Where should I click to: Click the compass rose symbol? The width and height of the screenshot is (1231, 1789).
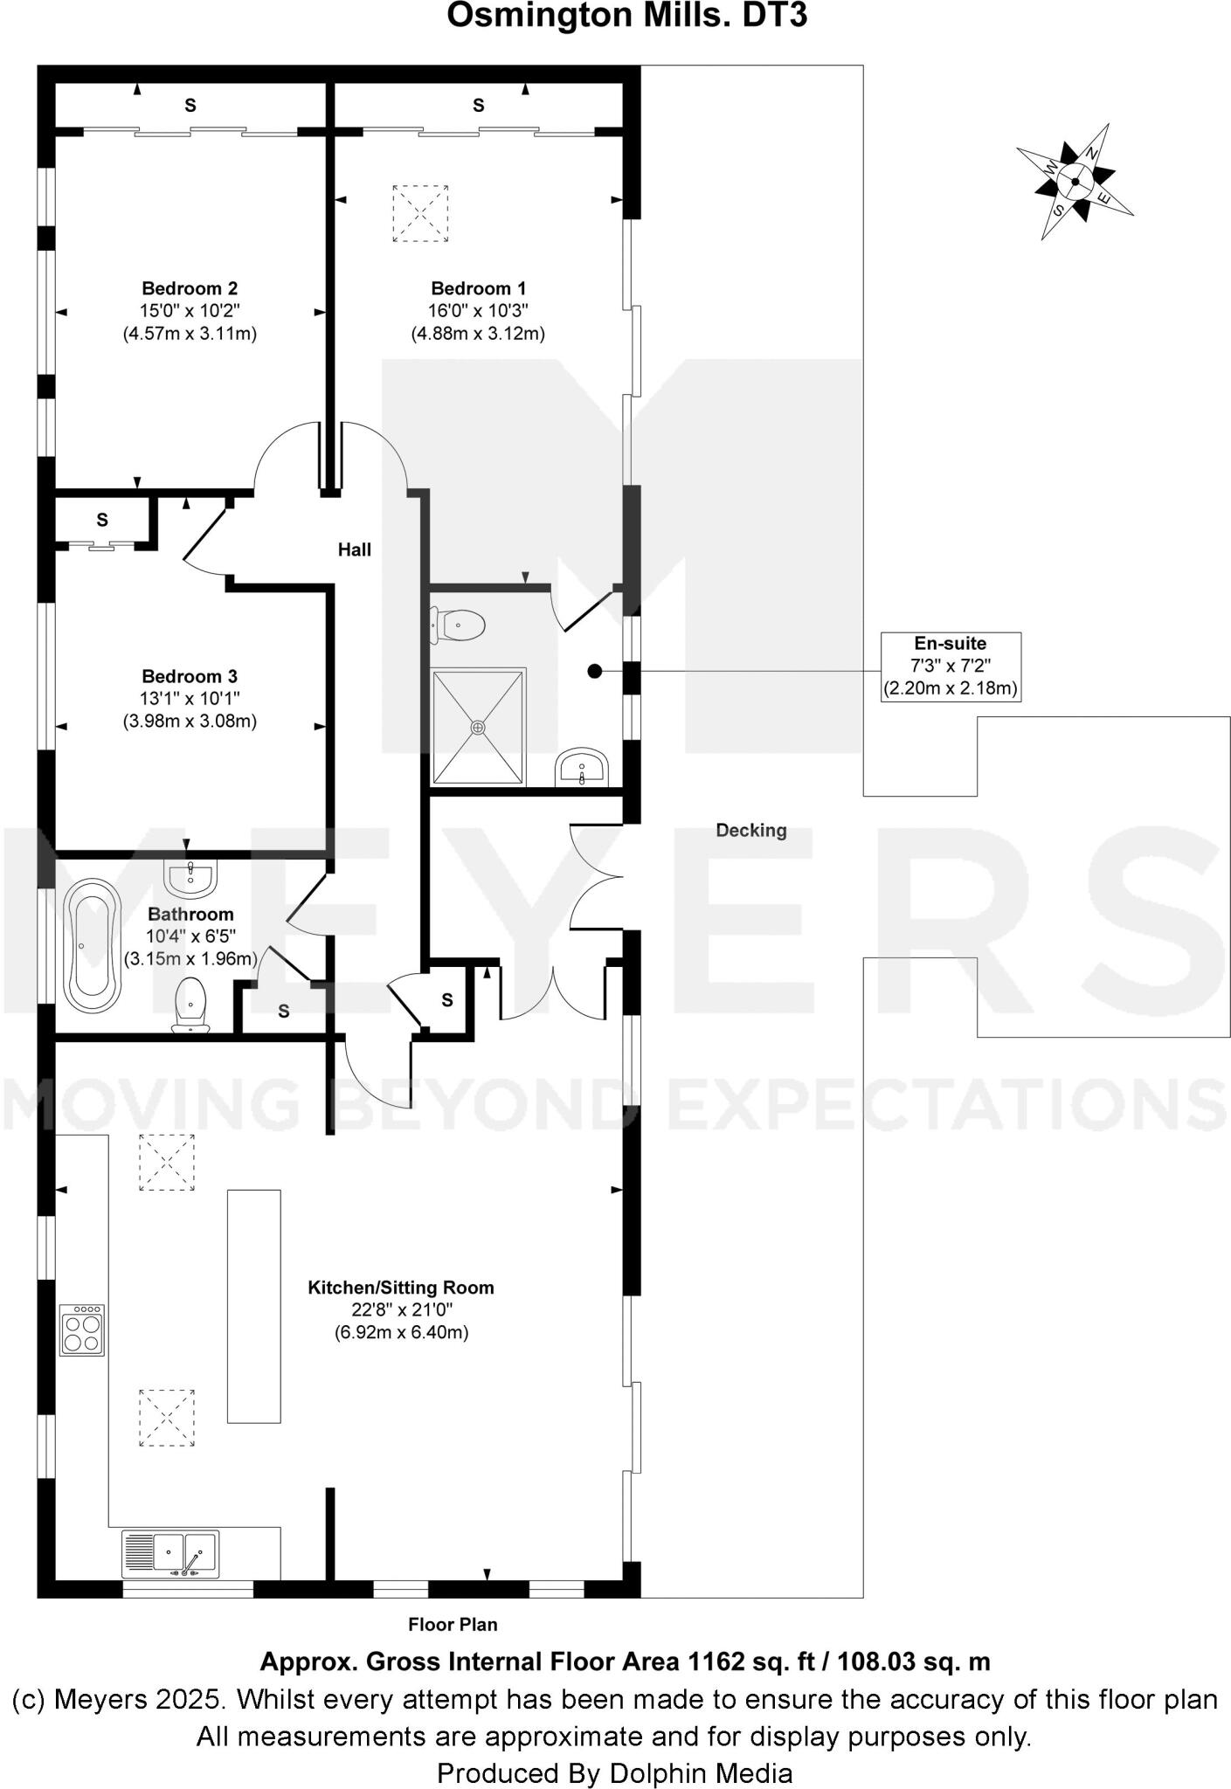pyautogui.click(x=1075, y=182)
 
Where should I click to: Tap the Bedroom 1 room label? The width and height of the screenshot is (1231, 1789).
pyautogui.click(x=478, y=288)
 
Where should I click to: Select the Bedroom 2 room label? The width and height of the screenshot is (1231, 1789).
pyautogui.click(x=190, y=288)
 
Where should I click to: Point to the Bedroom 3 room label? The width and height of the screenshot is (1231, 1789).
pyautogui.click(x=190, y=676)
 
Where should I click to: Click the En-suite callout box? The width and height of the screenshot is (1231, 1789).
pyautogui.click(x=950, y=667)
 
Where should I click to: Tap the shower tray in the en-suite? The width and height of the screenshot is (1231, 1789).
pyautogui.click(x=479, y=726)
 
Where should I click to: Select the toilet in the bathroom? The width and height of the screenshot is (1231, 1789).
pyautogui.click(x=190, y=1005)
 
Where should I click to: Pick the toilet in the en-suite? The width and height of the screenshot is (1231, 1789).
pyautogui.click(x=459, y=625)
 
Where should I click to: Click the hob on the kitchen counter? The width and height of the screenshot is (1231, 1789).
pyautogui.click(x=82, y=1330)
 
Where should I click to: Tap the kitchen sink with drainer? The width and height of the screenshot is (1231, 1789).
pyautogui.click(x=171, y=1555)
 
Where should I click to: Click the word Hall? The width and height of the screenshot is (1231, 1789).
pyautogui.click(x=355, y=549)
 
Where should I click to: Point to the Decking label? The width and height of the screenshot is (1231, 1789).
pyautogui.click(x=750, y=831)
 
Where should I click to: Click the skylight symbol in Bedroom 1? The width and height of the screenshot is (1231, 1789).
pyautogui.click(x=419, y=212)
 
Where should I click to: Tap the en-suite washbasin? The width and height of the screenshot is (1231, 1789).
pyautogui.click(x=581, y=766)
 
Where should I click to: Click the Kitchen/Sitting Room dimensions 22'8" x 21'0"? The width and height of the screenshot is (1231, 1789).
pyautogui.click(x=401, y=1309)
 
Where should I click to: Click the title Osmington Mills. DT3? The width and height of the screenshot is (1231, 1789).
pyautogui.click(x=626, y=16)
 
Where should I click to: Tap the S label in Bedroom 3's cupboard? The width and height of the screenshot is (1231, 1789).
pyautogui.click(x=102, y=520)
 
